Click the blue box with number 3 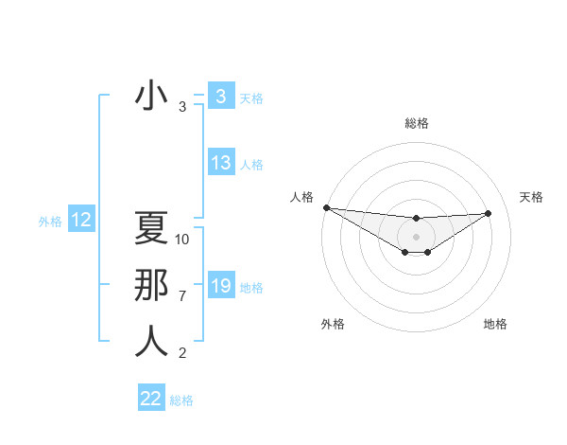(x=220, y=97)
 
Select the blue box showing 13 (x=220, y=163)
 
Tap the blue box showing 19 (x=220, y=286)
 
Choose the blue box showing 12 (x=81, y=221)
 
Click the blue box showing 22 (x=151, y=399)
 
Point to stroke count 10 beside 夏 (x=182, y=240)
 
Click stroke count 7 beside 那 (x=182, y=296)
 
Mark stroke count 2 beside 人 (x=182, y=353)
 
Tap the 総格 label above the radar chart (x=416, y=123)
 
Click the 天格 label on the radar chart (x=531, y=197)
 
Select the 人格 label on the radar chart (x=301, y=197)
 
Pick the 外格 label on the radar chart (x=333, y=324)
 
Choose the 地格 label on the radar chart (x=495, y=324)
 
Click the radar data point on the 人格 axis (x=326, y=207)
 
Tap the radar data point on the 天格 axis (x=489, y=213)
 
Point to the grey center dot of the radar (x=416, y=237)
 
